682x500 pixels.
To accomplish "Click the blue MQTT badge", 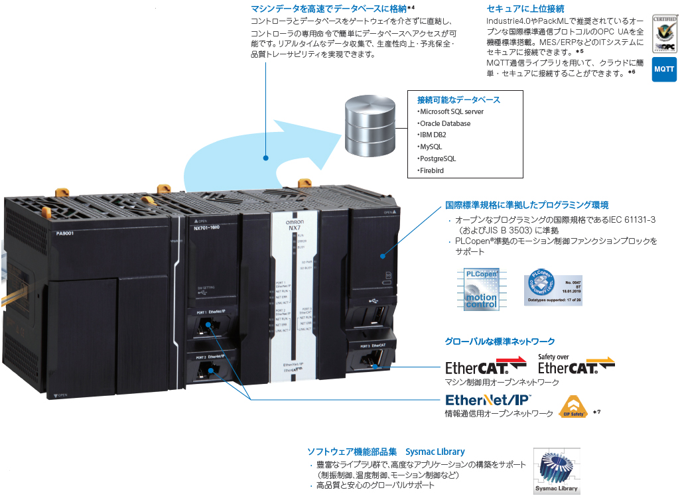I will pos(663,69).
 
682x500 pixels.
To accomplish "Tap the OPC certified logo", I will pos(663,33).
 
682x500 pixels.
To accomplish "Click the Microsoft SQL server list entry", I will pos(451,111).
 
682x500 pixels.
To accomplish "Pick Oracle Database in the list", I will pos(444,123).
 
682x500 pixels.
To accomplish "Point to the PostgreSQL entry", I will pos(437,158).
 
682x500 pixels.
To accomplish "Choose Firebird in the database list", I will pos(431,170).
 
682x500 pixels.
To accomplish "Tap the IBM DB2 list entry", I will pos(432,135).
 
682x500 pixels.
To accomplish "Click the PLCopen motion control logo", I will pos(480,288).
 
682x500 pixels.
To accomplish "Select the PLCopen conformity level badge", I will pos(553,288).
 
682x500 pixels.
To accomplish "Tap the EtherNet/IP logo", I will pos(487,400).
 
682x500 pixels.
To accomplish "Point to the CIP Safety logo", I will pos(573,406).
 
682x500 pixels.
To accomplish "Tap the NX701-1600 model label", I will pos(208,227).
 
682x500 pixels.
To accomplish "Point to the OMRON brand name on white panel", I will pos(294,222).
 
